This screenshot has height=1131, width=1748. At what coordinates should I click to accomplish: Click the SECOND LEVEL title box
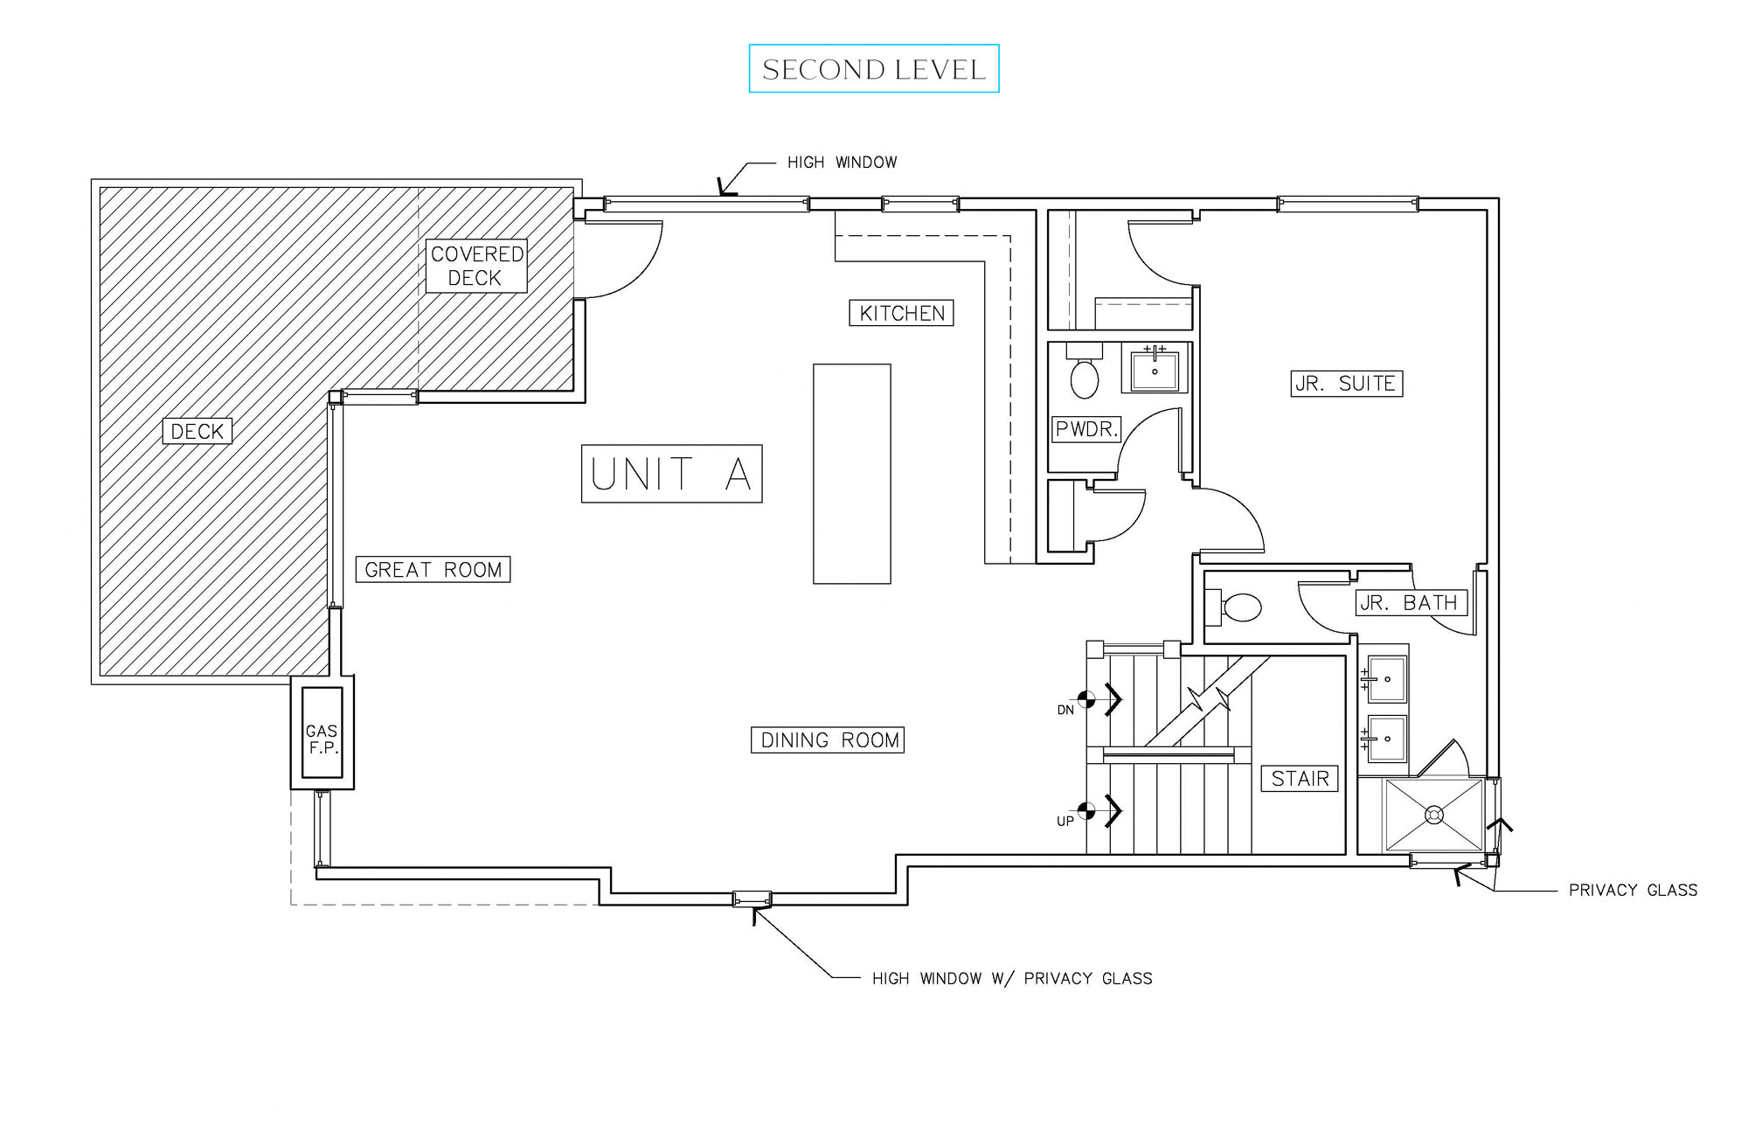point(873,69)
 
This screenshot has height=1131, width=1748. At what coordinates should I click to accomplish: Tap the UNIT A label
point(671,474)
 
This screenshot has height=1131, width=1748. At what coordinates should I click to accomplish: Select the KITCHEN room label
point(901,313)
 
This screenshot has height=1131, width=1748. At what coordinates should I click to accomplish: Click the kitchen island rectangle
point(851,474)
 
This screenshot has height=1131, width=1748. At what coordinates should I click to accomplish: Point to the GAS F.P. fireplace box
point(322,732)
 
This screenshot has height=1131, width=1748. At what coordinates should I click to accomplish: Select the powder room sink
point(1155,370)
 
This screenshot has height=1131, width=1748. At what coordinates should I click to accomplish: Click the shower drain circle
point(1433,815)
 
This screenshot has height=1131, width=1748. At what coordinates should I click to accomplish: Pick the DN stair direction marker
point(1086,699)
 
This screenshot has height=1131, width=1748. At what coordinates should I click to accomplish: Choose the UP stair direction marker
point(1086,811)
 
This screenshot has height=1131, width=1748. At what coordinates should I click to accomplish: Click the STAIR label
point(1300,779)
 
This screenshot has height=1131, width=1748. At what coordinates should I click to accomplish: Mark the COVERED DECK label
point(476,266)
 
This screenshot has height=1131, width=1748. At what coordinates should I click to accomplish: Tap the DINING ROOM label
point(828,740)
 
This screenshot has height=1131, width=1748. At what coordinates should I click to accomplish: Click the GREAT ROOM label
point(433,570)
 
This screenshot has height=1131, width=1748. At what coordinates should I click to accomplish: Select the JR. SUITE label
point(1346,384)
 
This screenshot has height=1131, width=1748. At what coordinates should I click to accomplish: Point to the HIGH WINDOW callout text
point(842,163)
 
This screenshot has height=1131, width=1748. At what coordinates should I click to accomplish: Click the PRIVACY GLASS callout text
point(1633,891)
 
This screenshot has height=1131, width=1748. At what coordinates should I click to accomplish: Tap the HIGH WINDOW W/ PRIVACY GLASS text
point(1011,979)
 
